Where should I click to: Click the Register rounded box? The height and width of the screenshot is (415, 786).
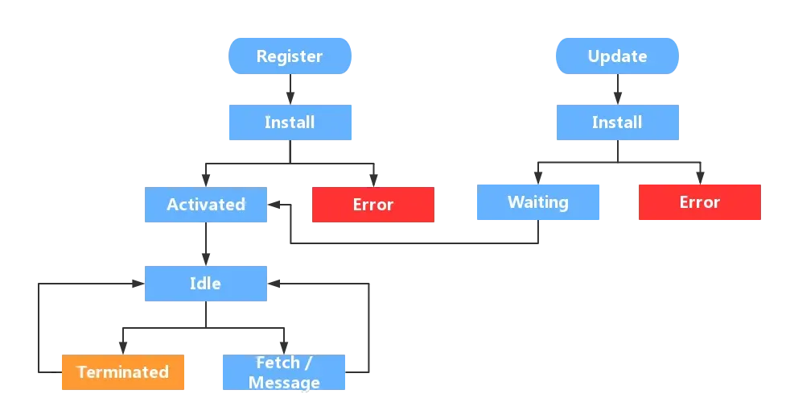click(290, 56)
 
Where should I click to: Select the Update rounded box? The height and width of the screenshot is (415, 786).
click(617, 56)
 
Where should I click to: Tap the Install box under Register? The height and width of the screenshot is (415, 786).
click(290, 122)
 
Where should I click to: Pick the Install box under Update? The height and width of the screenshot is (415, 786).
click(618, 122)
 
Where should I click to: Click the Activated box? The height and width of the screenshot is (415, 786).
click(205, 205)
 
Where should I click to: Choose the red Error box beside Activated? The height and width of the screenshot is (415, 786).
click(373, 205)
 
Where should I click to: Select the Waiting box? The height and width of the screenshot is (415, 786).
click(538, 202)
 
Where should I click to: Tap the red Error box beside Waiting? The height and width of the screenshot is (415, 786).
click(700, 202)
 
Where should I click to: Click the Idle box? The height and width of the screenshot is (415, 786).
click(205, 284)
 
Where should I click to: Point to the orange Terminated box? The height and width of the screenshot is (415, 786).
click(123, 372)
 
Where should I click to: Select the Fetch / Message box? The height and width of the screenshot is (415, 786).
click(284, 372)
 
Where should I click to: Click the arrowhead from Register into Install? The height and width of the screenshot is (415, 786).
click(290, 98)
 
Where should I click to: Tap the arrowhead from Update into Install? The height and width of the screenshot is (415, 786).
click(618, 98)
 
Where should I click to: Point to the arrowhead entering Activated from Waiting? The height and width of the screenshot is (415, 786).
click(274, 205)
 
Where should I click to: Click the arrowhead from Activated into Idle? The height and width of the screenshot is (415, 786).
click(205, 259)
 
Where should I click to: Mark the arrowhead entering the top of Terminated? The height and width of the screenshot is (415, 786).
click(123, 348)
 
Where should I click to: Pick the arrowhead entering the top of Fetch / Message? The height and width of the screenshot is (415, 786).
click(284, 348)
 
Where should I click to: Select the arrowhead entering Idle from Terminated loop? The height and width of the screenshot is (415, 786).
click(138, 284)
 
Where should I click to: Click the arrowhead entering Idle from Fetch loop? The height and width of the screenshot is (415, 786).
click(274, 284)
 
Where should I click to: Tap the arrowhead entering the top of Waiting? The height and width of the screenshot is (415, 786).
click(538, 178)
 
